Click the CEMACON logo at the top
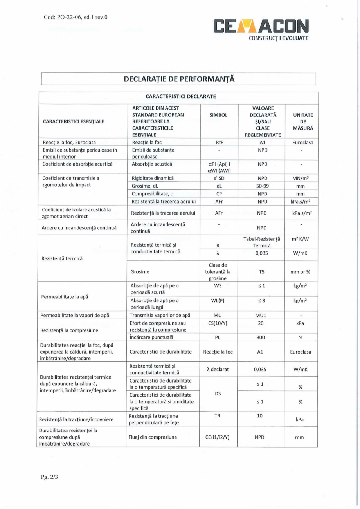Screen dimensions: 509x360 (x=261, y=26)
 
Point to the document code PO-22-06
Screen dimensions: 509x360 (x=74, y=17)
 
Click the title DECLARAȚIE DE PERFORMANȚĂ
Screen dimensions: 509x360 (x=179, y=79)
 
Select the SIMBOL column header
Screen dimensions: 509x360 (x=219, y=115)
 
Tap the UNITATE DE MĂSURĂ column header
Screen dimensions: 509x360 (x=301, y=121)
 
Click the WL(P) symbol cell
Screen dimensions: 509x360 (x=219, y=300)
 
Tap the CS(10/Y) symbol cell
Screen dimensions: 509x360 (x=219, y=323)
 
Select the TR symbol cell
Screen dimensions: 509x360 (x=219, y=416)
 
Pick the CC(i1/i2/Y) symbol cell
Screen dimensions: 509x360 (x=219, y=437)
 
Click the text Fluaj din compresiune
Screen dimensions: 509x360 (x=153, y=437)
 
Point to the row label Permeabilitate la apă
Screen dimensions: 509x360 (x=64, y=296)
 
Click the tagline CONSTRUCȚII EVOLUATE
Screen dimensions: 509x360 (x=279, y=38)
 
